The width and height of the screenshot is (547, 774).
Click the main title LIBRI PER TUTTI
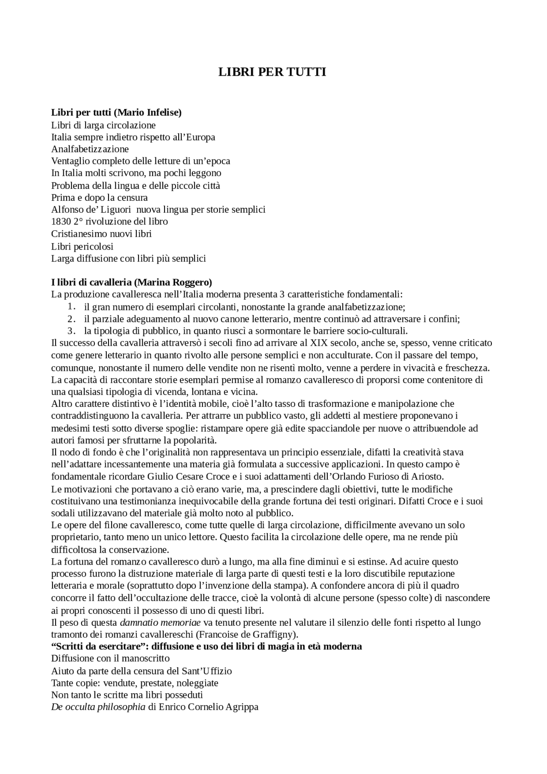[x=272, y=72]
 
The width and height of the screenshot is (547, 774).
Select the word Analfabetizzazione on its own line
[x=90, y=149]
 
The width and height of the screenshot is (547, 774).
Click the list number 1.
[x=71, y=306]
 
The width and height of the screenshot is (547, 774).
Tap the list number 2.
[x=71, y=318]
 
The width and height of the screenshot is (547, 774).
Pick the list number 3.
[x=71, y=330]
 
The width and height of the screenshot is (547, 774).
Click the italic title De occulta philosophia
[x=98, y=706]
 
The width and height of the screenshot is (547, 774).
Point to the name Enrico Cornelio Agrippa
[x=209, y=706]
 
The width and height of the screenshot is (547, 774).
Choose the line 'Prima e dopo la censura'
[x=99, y=197]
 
